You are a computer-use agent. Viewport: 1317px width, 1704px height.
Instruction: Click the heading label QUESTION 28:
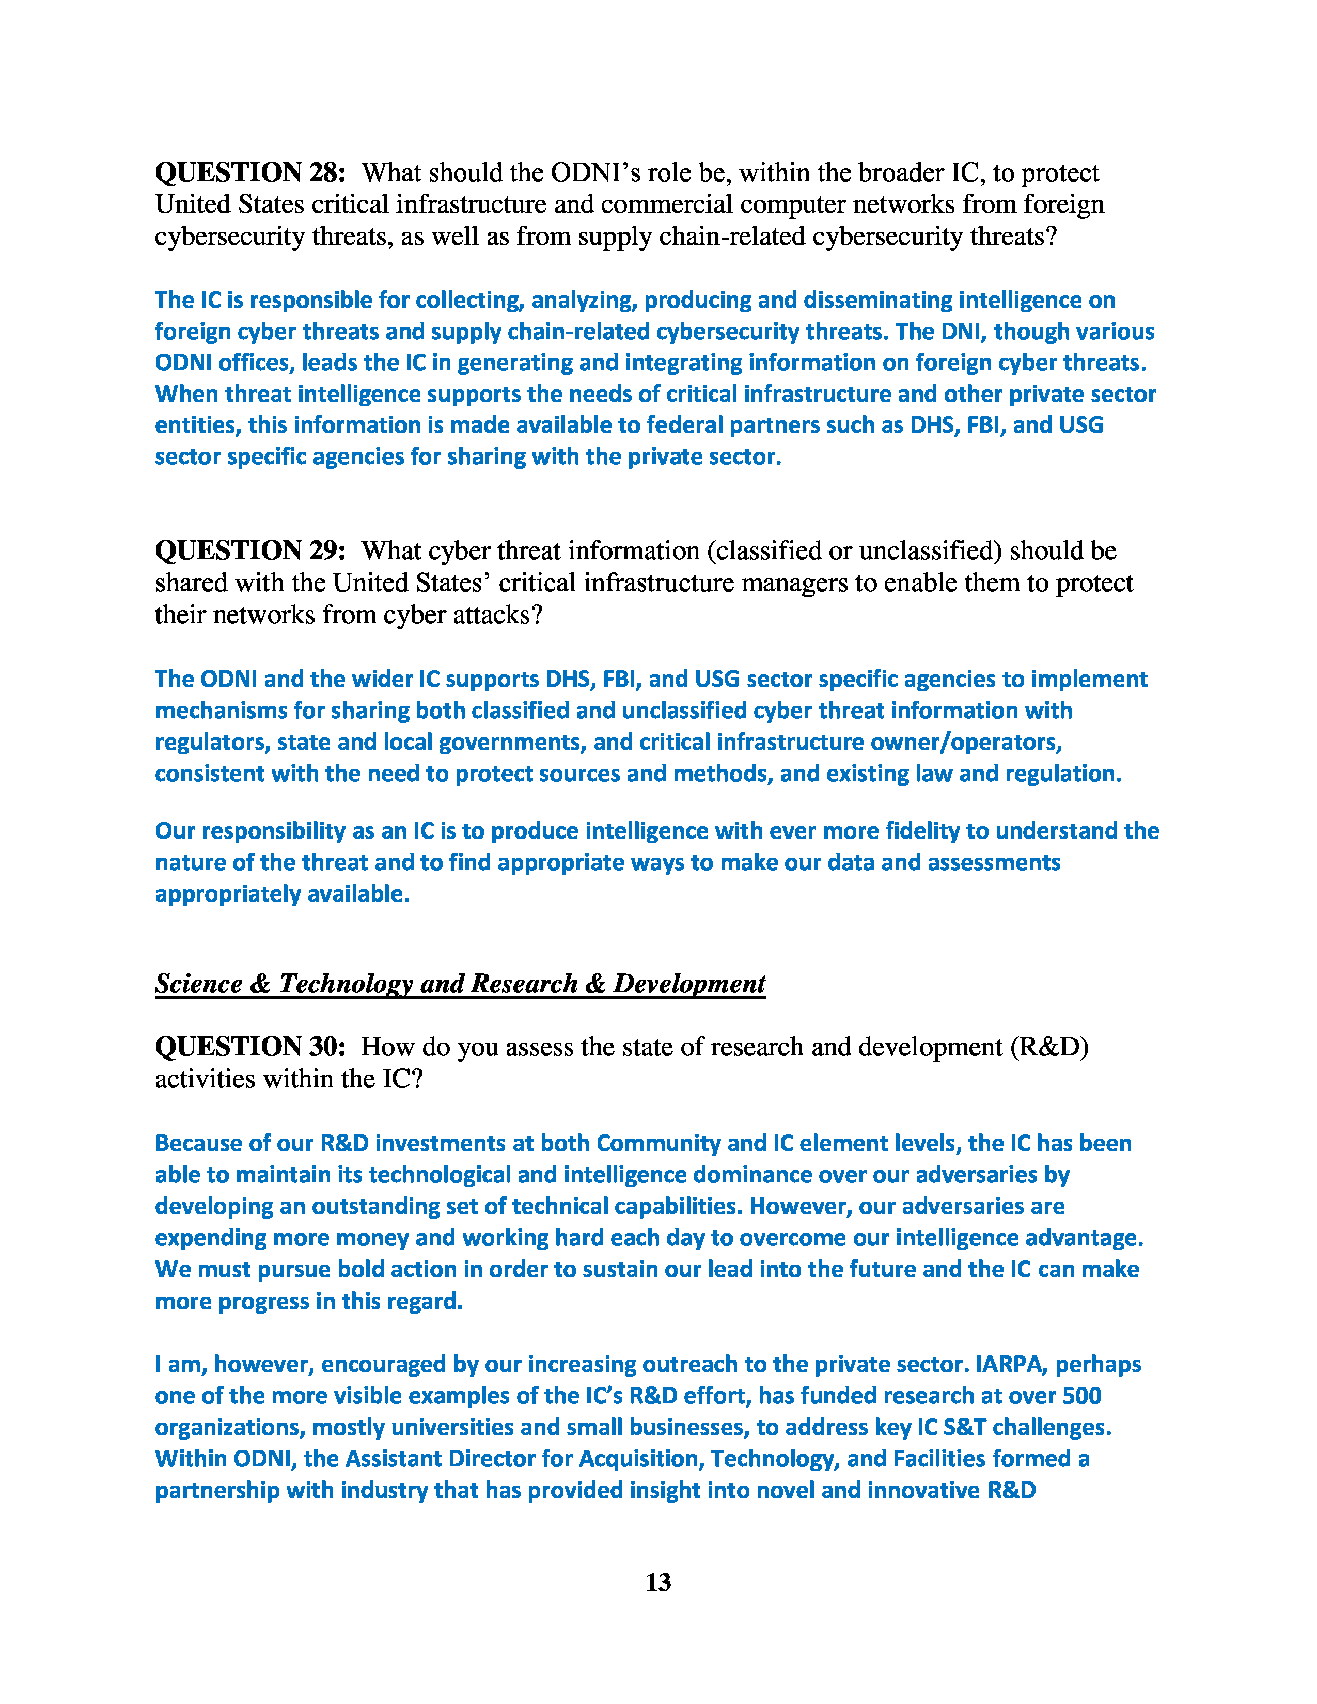(249, 172)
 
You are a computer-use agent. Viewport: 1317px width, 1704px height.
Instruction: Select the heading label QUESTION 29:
(249, 551)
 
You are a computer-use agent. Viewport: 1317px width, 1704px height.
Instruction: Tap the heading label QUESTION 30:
(249, 1047)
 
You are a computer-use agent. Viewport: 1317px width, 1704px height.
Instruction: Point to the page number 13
(657, 1582)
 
